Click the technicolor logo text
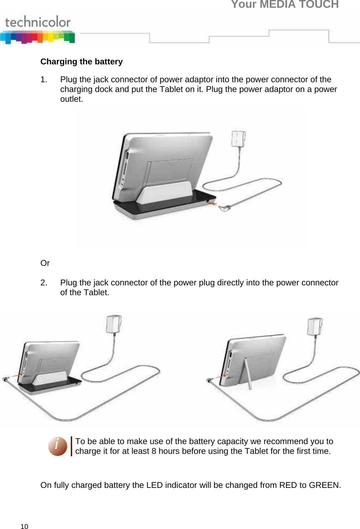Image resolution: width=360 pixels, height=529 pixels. point(38,22)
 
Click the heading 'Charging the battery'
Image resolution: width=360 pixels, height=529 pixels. point(82,62)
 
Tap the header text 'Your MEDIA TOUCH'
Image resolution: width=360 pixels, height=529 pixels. point(285,4)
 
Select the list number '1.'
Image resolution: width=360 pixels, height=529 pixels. point(43,80)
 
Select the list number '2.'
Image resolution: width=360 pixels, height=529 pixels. point(43,283)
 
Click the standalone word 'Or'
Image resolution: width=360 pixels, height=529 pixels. point(45,263)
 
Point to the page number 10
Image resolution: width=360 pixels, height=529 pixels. point(24,527)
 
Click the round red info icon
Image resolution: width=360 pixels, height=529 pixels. point(57,446)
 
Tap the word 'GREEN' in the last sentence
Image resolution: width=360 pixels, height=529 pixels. point(324,485)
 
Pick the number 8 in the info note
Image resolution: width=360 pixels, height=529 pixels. point(154,451)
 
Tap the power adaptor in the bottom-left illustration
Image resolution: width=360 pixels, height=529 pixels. point(114,324)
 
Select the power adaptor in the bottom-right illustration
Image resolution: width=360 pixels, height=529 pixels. point(315,326)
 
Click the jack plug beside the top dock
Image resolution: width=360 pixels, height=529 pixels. point(224,208)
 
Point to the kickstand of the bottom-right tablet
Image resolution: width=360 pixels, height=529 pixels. point(248,374)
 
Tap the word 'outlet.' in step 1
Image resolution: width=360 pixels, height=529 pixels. point(71,99)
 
